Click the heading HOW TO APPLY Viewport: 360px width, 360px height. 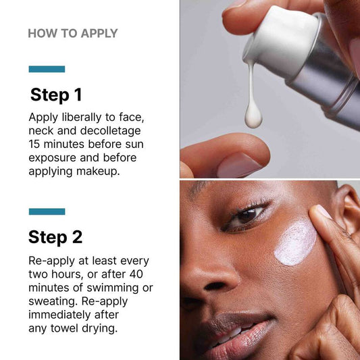(x=73, y=33)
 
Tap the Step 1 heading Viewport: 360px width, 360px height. (x=56, y=95)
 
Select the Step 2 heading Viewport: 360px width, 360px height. (x=55, y=237)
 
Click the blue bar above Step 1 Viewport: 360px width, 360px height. (x=47, y=69)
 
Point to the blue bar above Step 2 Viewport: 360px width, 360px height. (x=47, y=211)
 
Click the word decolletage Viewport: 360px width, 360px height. (x=111, y=130)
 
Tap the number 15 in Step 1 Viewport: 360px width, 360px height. (x=34, y=144)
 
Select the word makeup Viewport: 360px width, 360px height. (x=98, y=172)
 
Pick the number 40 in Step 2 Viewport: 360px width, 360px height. (x=136, y=274)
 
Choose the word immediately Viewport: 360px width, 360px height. (x=59, y=315)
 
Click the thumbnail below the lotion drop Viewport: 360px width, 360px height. (x=239, y=165)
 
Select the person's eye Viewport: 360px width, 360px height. (x=247, y=217)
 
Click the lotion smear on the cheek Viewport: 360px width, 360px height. (x=295, y=243)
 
